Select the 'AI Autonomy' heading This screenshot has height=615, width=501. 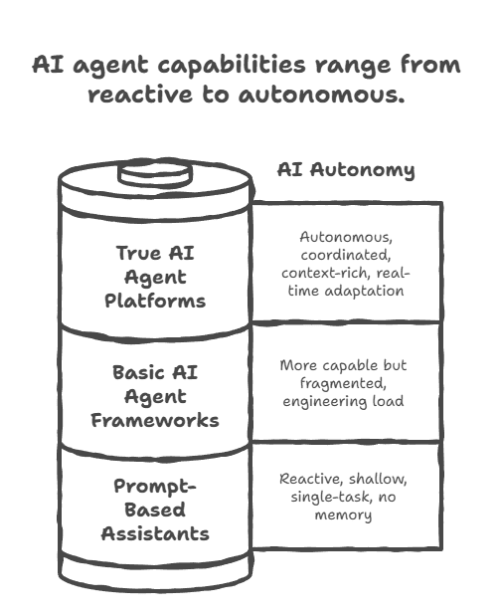pyautogui.click(x=345, y=169)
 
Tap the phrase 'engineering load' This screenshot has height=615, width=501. pyautogui.click(x=344, y=401)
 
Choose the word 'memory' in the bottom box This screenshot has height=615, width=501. pyautogui.click(x=343, y=514)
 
